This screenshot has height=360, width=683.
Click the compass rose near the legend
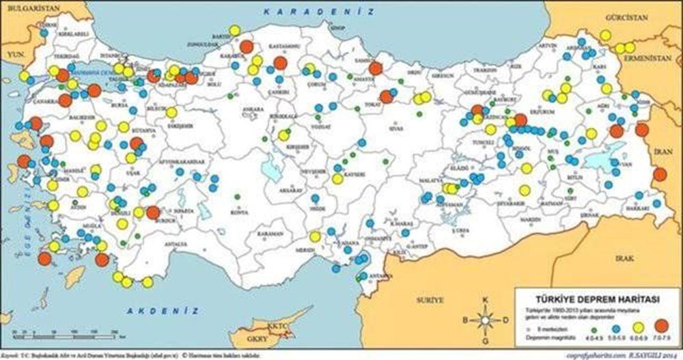point(486,318)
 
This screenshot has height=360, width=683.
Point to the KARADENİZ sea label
point(318,12)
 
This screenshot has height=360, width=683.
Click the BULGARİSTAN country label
point(30,6)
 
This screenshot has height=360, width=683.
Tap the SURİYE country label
point(430,299)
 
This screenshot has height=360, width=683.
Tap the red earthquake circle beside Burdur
point(153,212)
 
